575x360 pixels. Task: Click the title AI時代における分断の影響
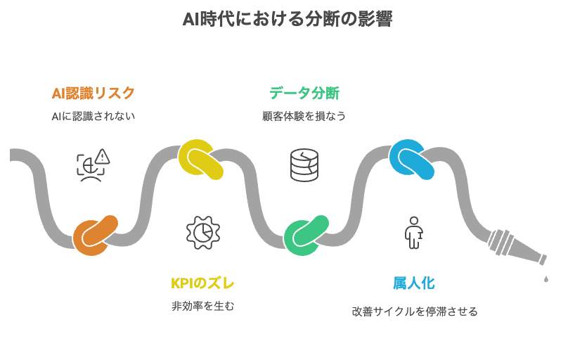point(287,20)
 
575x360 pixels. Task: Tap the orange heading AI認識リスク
point(93,93)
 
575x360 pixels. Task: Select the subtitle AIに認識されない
point(93,116)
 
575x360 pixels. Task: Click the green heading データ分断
point(304,93)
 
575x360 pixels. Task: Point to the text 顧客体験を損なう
point(304,116)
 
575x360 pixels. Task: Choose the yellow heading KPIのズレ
point(202,283)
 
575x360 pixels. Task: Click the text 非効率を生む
point(202,307)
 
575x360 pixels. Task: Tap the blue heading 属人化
point(413,283)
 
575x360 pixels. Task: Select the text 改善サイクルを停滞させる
point(415,311)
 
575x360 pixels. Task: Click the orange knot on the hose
point(95,236)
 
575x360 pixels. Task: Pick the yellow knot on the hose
point(200,160)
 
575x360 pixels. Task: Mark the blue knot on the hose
point(411,158)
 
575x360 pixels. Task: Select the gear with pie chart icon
point(202,233)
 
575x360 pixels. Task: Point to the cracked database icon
point(304,165)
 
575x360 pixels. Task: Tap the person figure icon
point(413,233)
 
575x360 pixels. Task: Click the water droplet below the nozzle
point(545,278)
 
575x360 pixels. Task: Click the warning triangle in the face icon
point(103,156)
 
